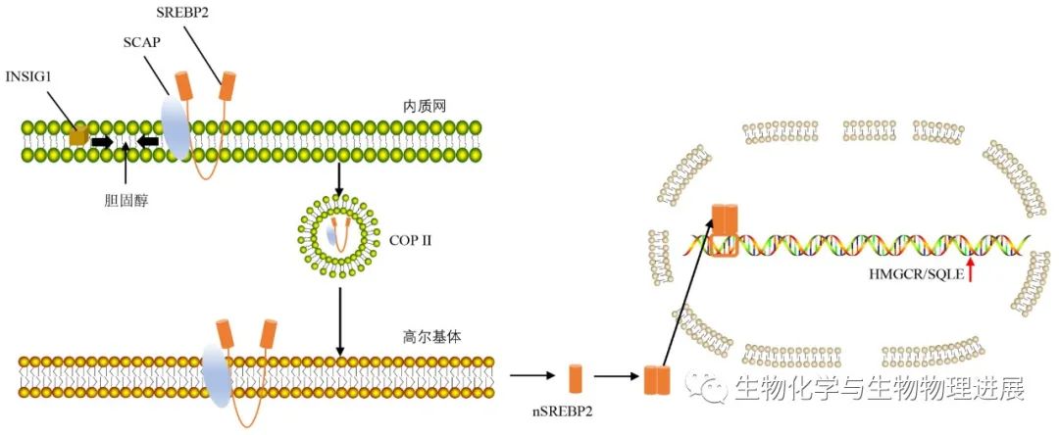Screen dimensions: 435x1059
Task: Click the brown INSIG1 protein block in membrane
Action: click(x=78, y=138)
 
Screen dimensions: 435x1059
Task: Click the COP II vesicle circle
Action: click(x=339, y=235)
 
